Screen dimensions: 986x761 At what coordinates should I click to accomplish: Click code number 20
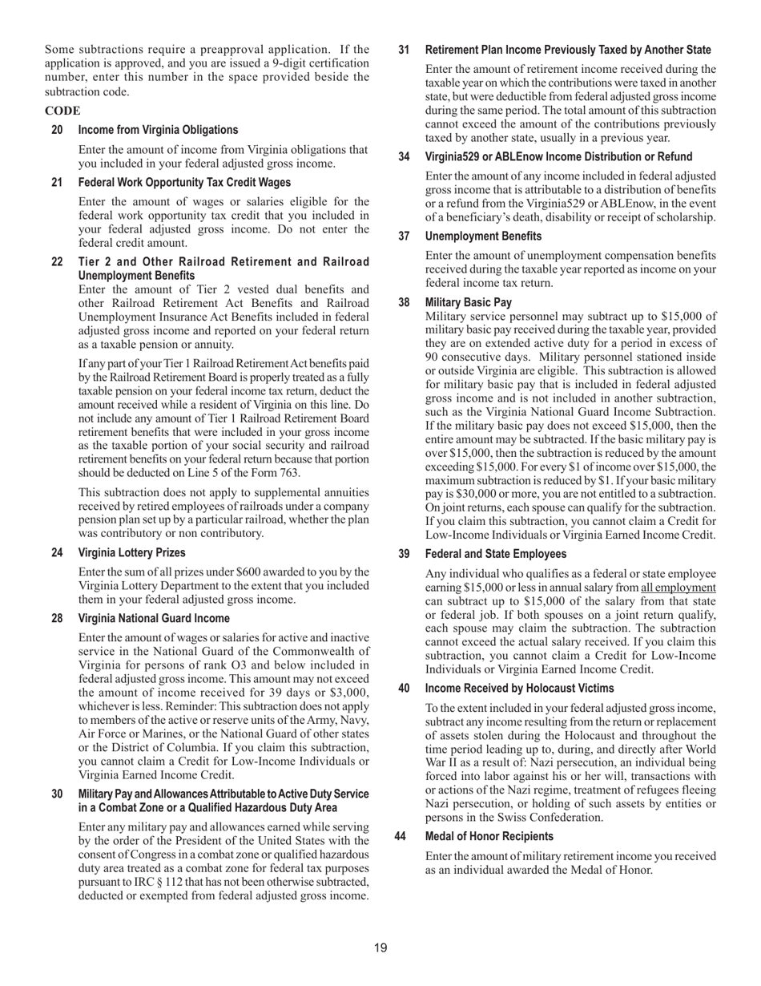coord(57,130)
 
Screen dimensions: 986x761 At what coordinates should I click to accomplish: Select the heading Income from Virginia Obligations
coord(158,130)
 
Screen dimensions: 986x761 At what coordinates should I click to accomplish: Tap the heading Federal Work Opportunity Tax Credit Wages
coord(184,183)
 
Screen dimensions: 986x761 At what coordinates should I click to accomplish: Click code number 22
coord(57,262)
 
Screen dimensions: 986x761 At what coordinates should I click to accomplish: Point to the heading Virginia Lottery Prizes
coord(131,552)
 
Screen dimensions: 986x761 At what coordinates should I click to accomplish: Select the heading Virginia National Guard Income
coord(154,618)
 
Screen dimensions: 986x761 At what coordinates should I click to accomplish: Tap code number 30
coord(57,794)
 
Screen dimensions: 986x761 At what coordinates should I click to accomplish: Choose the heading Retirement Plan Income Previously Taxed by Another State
coord(567,50)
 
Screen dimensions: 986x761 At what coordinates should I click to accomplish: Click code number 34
coord(405,156)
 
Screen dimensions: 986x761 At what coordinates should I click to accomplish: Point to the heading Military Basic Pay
coord(468,302)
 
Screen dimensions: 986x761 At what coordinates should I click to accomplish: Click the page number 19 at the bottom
coord(380,948)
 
